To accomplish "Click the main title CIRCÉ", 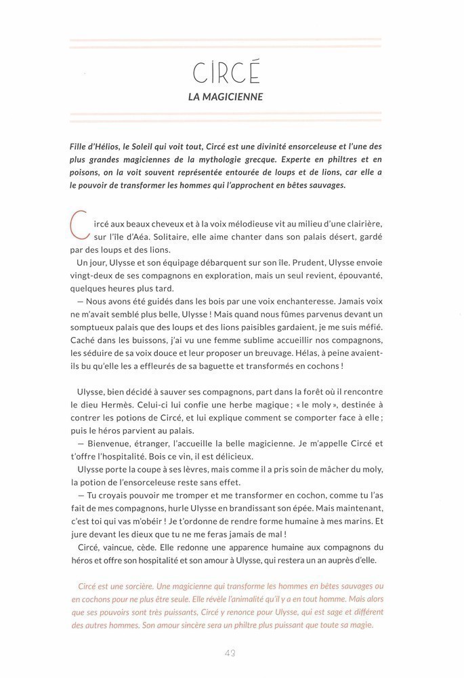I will [226, 72].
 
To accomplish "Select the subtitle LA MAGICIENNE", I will [226, 96].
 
